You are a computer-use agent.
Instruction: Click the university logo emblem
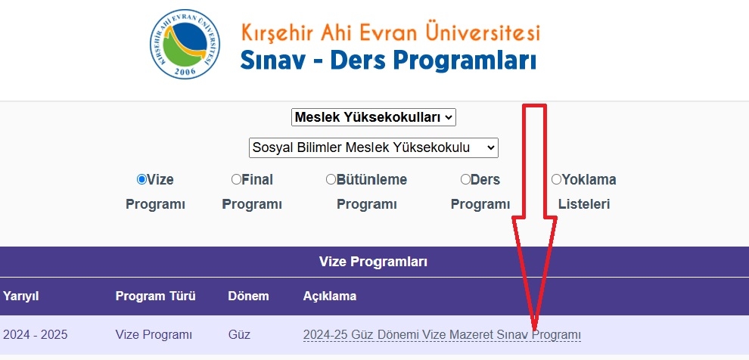(185, 44)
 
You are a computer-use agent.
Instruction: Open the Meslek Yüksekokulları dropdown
(374, 117)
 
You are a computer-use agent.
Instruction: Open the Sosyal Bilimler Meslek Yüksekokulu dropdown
(374, 148)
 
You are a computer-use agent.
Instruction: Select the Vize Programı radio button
(141, 179)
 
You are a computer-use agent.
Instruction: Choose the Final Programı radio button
(236, 179)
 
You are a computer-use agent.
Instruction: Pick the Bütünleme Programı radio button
(331, 179)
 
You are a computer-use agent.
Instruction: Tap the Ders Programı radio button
(465, 179)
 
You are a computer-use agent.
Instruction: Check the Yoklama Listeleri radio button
(556, 179)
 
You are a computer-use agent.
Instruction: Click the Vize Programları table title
(373, 262)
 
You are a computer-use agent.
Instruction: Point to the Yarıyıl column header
(20, 296)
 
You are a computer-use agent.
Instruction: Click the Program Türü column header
(155, 296)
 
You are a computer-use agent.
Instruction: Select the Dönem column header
(248, 296)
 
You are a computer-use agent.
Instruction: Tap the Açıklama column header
(330, 296)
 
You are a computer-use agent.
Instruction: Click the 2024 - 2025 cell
(35, 335)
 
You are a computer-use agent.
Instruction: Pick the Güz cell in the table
(239, 335)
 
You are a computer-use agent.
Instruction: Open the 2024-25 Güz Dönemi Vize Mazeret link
(442, 335)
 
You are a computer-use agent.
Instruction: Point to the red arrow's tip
(534, 331)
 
